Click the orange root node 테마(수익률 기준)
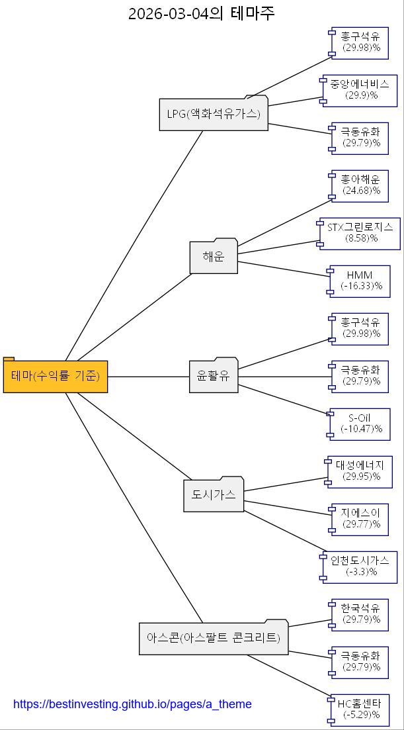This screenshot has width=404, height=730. coord(56,376)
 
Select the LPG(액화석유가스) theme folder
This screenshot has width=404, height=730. coord(214,114)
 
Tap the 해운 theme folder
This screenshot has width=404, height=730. coord(214,257)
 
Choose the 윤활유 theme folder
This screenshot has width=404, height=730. coord(213,376)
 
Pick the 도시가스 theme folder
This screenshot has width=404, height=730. coord(214,495)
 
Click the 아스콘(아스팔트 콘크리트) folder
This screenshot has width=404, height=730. coord(214,638)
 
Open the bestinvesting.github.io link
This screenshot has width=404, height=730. coord(132,704)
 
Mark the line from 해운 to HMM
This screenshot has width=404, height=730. coord(284,270)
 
